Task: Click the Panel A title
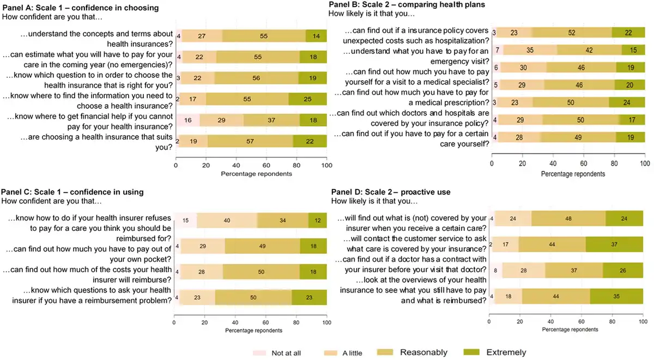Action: [x=81, y=8]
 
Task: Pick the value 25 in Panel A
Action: [x=308, y=99]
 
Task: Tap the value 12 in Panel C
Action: [x=318, y=221]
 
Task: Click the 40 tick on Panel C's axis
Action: [x=235, y=322]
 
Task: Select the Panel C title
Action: [x=72, y=192]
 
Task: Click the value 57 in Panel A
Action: [x=250, y=141]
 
